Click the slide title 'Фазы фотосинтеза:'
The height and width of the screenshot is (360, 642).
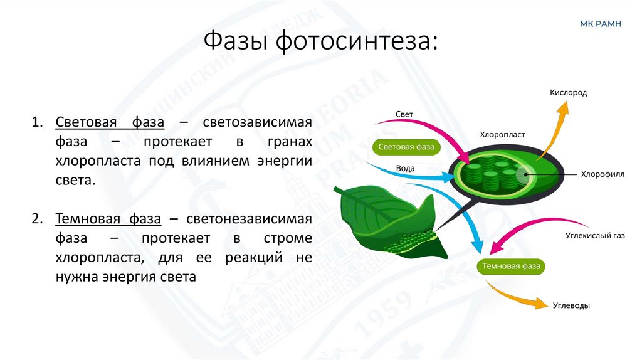click(x=320, y=42)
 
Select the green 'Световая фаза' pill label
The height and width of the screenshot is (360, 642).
click(x=406, y=147)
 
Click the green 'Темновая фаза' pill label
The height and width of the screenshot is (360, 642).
click(x=511, y=266)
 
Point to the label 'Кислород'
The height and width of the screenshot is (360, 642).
click(x=568, y=92)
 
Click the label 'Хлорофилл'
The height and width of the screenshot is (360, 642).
click(x=603, y=174)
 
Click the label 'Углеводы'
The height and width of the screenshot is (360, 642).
click(x=571, y=305)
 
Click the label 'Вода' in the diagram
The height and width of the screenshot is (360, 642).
click(x=405, y=168)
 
